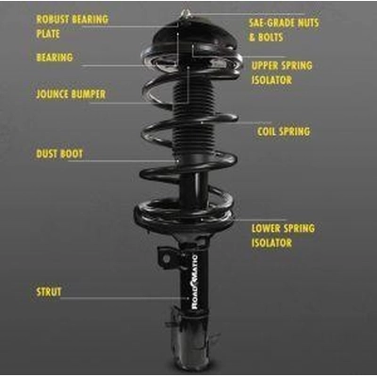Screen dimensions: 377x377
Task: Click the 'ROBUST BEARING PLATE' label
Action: point(72,26)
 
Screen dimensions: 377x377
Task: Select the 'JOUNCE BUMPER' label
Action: point(71,94)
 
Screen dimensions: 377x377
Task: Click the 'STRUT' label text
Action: point(48,292)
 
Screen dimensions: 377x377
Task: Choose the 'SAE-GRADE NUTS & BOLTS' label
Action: point(283,28)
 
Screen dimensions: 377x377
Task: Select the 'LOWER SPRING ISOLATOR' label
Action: point(283,236)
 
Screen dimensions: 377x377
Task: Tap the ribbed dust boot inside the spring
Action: point(189,123)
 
